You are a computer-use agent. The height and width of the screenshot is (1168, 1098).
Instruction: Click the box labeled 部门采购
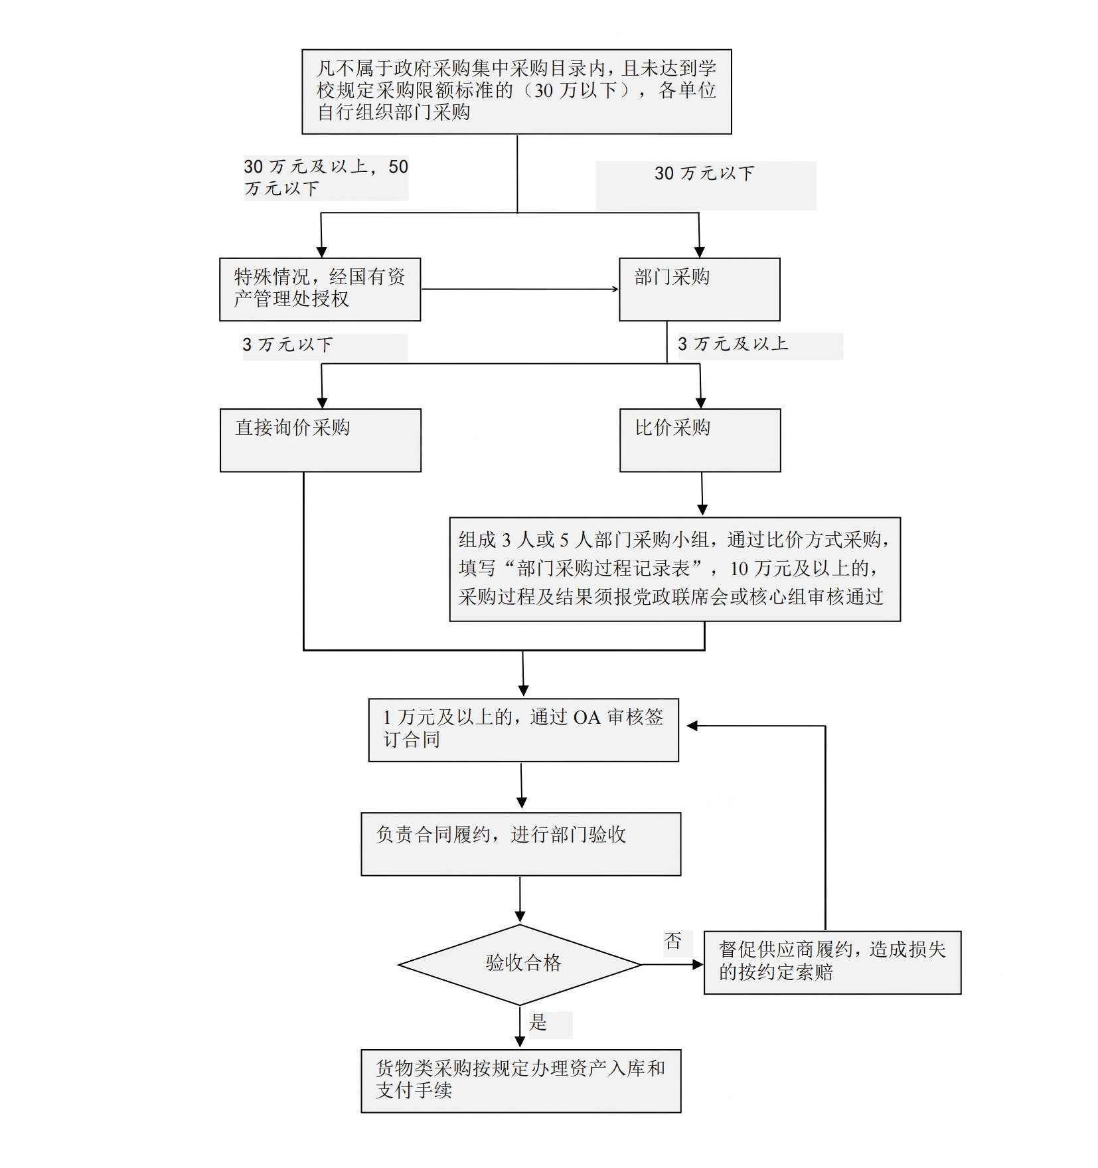(x=699, y=289)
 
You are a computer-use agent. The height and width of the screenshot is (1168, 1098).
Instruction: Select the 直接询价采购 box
(x=320, y=440)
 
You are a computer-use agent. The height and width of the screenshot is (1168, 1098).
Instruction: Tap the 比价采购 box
(x=700, y=440)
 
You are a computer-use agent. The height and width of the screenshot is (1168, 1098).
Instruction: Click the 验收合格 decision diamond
(x=520, y=964)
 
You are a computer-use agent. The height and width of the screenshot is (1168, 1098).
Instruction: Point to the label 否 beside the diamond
(x=673, y=940)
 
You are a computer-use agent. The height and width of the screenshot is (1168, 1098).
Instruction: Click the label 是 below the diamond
(x=538, y=1022)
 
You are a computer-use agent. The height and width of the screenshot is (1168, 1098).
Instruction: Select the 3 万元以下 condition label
(x=288, y=345)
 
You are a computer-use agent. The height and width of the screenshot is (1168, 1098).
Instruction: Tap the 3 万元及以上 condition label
(x=733, y=344)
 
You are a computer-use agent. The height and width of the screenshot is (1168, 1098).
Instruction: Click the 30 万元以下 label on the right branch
(x=704, y=173)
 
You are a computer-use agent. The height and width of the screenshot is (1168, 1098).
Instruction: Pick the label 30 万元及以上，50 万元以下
(x=325, y=177)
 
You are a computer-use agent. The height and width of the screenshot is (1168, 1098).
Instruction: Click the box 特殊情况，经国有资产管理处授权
(x=320, y=289)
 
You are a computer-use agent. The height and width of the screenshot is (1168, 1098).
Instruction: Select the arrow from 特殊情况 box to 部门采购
(x=519, y=289)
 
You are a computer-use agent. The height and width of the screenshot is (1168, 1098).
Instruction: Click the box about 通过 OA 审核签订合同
(x=523, y=729)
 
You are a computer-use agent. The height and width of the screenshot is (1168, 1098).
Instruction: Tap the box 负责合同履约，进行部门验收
(x=520, y=843)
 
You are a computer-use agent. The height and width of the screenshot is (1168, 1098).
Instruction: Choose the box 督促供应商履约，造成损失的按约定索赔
(x=832, y=961)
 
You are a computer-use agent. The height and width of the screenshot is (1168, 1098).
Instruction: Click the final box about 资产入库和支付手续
(x=520, y=1080)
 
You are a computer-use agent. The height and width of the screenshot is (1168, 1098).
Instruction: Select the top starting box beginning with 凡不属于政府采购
(x=516, y=91)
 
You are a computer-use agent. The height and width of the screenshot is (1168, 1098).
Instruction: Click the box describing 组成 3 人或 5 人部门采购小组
(x=674, y=568)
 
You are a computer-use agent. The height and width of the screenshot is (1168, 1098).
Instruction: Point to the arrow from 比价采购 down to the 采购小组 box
(x=702, y=494)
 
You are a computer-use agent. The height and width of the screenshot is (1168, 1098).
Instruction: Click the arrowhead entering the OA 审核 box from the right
(x=692, y=726)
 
